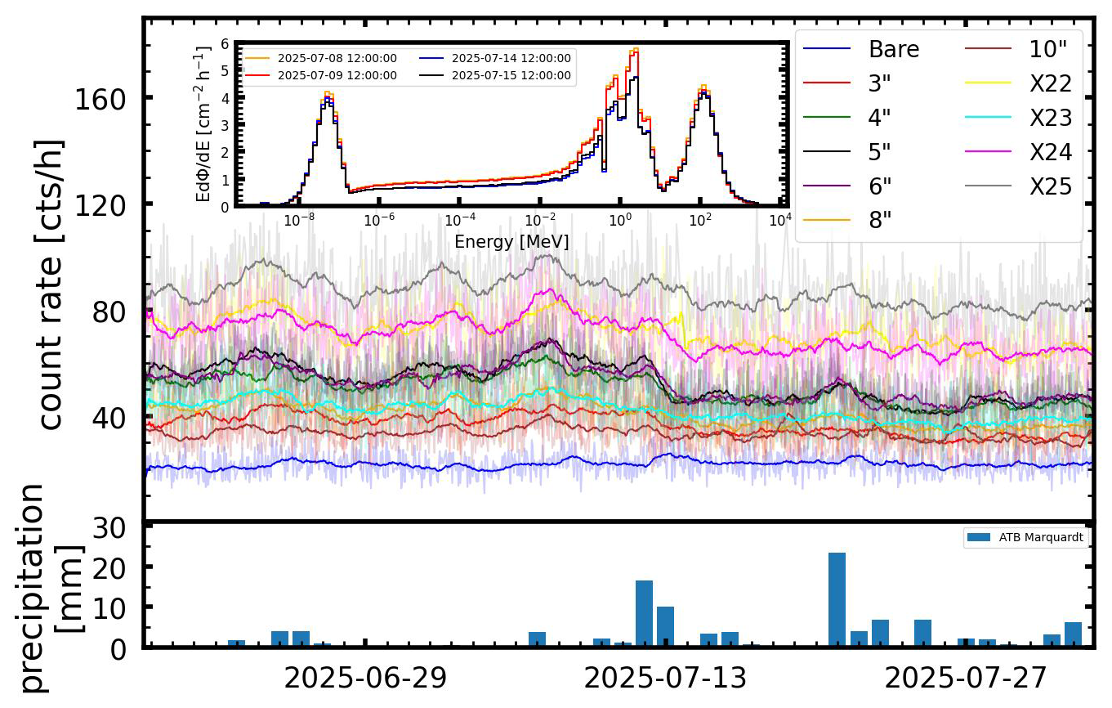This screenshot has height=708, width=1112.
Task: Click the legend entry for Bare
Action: click(x=894, y=50)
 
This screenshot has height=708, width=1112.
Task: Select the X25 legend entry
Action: click(x=1050, y=186)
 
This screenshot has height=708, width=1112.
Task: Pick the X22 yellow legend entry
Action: click(x=1050, y=83)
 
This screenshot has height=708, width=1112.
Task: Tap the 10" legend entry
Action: click(x=1048, y=50)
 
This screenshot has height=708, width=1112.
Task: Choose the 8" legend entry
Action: click(x=879, y=221)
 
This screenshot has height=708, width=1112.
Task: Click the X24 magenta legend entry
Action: click(x=1050, y=152)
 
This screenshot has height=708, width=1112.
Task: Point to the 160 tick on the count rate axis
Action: click(x=102, y=100)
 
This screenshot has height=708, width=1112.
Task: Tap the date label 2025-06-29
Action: click(x=364, y=679)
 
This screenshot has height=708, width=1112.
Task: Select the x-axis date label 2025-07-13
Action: click(x=666, y=679)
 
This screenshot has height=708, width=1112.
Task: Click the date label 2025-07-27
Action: click(x=967, y=679)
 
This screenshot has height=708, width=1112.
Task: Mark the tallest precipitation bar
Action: click(x=837, y=599)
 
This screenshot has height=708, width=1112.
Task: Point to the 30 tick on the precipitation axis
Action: click(x=111, y=527)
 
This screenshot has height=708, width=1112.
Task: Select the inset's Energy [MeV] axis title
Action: click(x=511, y=242)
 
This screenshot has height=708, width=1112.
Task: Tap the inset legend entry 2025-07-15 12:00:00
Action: click(x=511, y=75)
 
